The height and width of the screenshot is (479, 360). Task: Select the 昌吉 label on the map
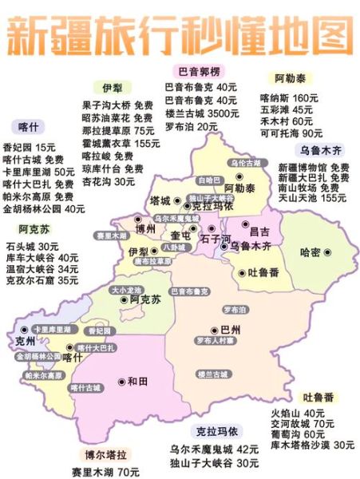coord(259,231)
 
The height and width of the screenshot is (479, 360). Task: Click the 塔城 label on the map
coord(160,200)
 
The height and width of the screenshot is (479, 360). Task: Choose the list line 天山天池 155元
coord(312,197)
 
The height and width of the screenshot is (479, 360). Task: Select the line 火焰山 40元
coord(298,413)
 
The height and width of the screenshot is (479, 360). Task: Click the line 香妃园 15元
coord(30,148)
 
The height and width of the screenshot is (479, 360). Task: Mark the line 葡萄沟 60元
coord(298,434)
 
